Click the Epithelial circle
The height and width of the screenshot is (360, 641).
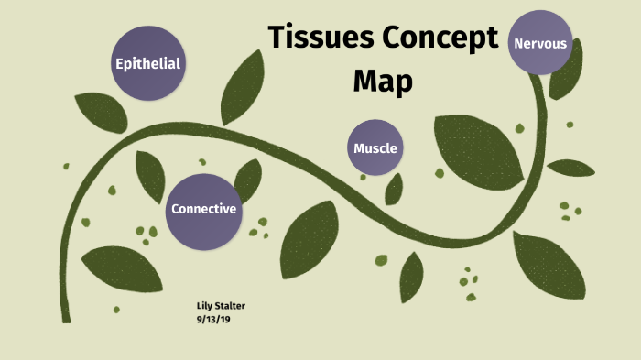147,62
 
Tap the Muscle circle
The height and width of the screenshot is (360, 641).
375,147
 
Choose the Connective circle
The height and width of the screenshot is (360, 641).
203,210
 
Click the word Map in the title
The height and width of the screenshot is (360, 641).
383,81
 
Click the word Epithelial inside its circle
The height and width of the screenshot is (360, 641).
147,63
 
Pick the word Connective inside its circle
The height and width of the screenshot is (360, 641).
203,210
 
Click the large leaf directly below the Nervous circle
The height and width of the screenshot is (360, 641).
476,147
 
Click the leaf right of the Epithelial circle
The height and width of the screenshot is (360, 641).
242,87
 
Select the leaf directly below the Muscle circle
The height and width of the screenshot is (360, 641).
394,188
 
